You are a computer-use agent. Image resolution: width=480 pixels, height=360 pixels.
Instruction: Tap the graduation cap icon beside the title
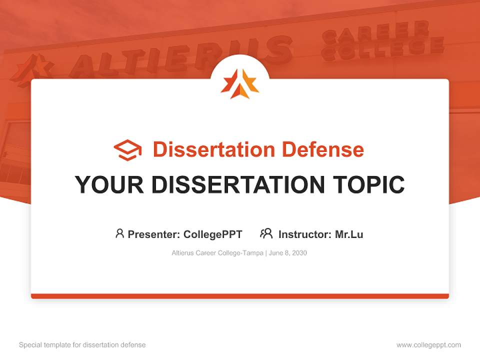click(127, 149)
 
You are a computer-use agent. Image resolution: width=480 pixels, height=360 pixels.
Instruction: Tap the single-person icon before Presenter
click(119, 233)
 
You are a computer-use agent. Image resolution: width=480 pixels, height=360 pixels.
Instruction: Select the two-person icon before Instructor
click(266, 233)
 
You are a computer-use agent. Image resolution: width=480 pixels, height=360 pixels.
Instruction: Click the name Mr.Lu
click(349, 234)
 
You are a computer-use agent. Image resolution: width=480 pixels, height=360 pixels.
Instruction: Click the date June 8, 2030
click(288, 253)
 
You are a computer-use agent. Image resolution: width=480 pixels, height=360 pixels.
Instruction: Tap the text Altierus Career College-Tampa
click(217, 253)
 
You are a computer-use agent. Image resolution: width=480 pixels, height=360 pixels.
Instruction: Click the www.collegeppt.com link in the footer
click(428, 345)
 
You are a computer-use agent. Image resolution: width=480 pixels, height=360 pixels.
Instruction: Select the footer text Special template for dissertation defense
click(82, 345)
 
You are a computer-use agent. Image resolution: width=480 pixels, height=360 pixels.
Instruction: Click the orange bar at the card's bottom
click(240, 296)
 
